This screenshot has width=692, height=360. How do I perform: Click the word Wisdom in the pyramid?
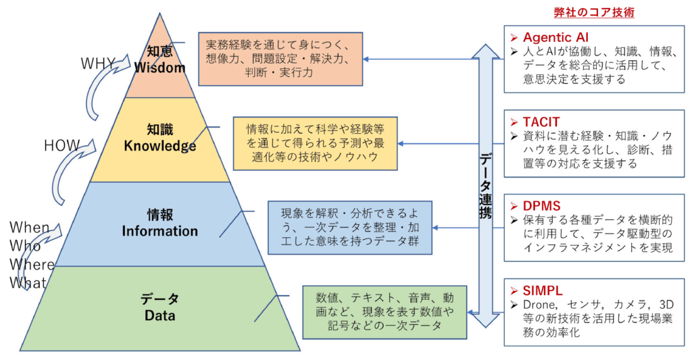coord(159,68)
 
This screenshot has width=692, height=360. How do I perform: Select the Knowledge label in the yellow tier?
coord(160,146)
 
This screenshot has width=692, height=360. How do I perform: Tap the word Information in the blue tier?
coord(159,231)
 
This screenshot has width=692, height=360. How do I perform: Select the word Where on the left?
coord(32,265)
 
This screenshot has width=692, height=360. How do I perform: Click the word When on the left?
coord(29,228)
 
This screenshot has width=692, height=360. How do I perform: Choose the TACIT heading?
coord(541,122)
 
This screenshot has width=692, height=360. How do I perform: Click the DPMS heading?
coord(541,205)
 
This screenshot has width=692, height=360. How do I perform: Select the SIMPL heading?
coord(543,290)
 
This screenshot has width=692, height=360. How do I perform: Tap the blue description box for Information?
coord(350,227)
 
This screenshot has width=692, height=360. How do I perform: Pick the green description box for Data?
coord(385,311)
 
